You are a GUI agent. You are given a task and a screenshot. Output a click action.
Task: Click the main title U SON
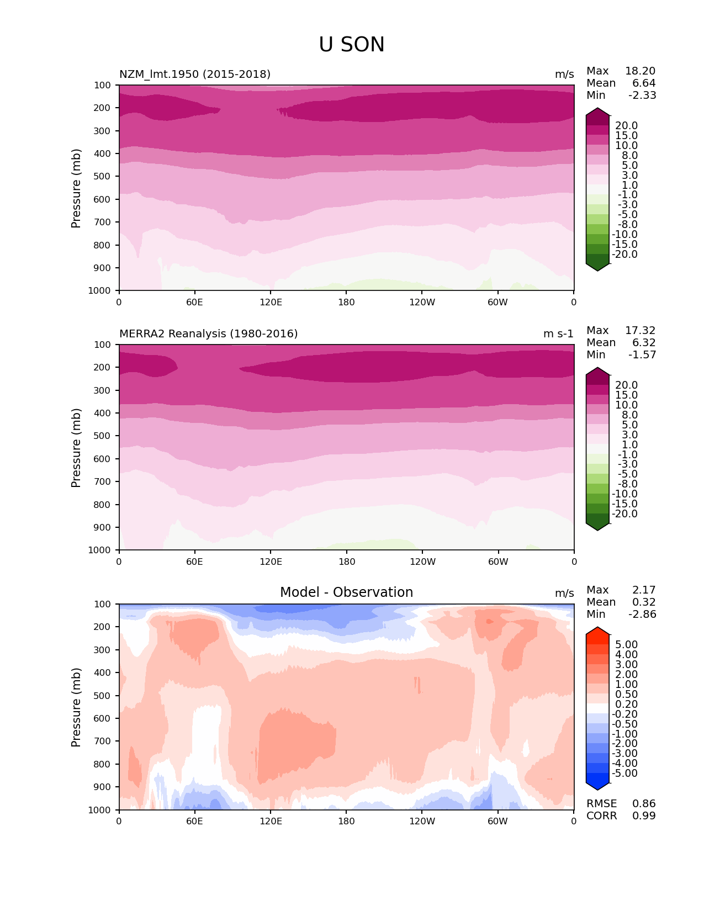(352, 45)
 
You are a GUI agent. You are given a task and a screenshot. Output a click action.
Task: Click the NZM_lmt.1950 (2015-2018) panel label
(195, 74)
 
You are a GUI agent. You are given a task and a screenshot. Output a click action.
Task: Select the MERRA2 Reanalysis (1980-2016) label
(208, 333)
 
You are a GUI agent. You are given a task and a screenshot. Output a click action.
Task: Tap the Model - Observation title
(346, 592)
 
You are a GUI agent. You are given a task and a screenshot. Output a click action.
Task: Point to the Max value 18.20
(640, 71)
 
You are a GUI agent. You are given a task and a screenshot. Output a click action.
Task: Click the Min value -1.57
(642, 355)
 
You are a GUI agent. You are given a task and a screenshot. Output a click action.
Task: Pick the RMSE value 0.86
(644, 804)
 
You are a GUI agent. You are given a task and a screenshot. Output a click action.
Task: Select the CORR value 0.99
(644, 816)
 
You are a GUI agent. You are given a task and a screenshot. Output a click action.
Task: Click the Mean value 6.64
(644, 83)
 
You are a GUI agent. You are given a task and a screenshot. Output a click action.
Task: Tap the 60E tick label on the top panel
(194, 302)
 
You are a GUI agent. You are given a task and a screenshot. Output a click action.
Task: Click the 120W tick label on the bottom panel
(422, 822)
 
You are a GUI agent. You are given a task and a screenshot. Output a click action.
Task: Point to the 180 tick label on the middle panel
(346, 562)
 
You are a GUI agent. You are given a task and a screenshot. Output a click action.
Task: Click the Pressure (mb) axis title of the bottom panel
(76, 707)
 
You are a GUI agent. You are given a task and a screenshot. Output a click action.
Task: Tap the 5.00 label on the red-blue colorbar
(626, 645)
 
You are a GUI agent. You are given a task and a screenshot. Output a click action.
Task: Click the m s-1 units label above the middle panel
(558, 333)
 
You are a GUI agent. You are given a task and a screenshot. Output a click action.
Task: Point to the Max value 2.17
(644, 590)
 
